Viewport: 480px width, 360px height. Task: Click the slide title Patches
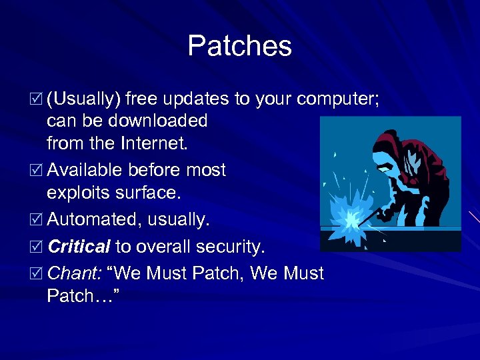[x=239, y=46]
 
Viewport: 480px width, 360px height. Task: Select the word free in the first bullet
[x=144, y=99]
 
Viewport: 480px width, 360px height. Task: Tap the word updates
[x=198, y=99]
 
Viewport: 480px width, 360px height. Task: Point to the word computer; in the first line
[x=338, y=99]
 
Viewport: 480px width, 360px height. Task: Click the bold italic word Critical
[x=79, y=247]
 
